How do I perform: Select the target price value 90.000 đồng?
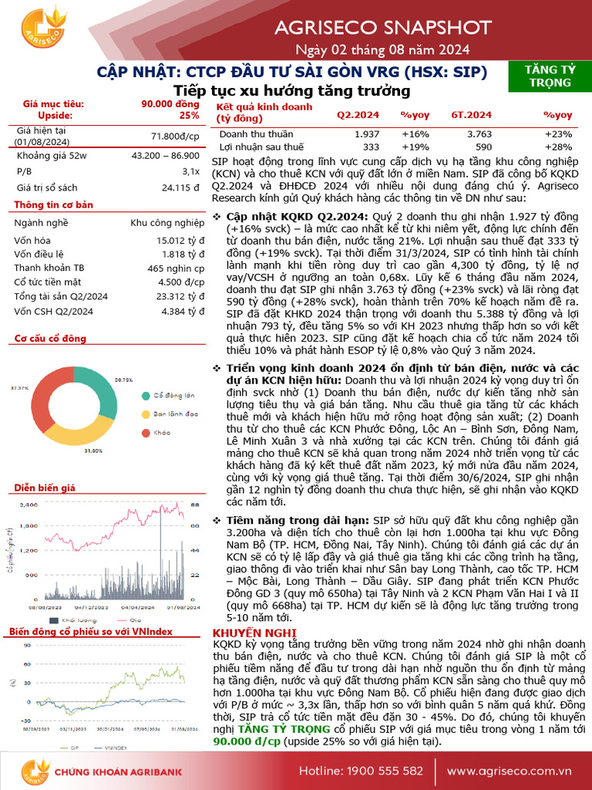coord(170,103)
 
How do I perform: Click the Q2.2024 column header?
coord(357,115)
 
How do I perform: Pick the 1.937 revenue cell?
coord(366,134)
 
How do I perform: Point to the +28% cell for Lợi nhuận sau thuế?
coord(559,147)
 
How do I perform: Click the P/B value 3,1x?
coord(191,170)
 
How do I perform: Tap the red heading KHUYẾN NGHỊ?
coord(243,634)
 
